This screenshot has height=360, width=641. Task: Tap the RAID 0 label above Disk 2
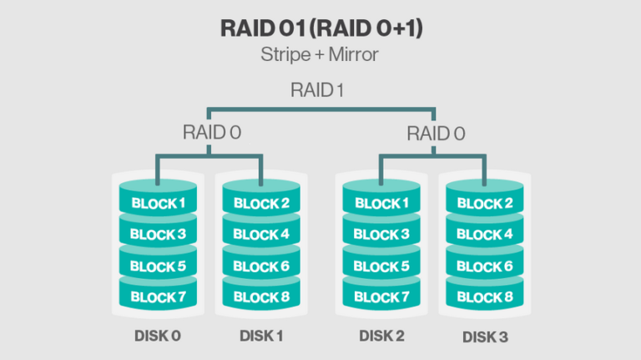coord(436,133)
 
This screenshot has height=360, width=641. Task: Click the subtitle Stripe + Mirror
coord(320,56)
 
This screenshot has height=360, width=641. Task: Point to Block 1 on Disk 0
coord(159,203)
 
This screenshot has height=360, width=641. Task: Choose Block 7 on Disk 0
coord(159,297)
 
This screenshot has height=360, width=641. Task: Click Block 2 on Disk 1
coord(261,203)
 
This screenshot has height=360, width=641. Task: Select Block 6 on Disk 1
coord(261,266)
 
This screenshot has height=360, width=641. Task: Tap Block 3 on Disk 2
coord(381,235)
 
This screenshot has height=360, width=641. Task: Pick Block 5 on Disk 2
coord(381,266)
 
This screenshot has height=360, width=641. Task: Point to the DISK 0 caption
coord(158,337)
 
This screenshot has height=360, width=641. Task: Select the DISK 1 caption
coord(261,337)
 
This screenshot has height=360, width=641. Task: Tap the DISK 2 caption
coord(381,337)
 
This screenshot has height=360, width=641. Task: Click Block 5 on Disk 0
coord(159,266)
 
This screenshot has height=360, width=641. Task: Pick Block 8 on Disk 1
coord(261,297)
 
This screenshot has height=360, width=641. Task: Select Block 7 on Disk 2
coord(381,297)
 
